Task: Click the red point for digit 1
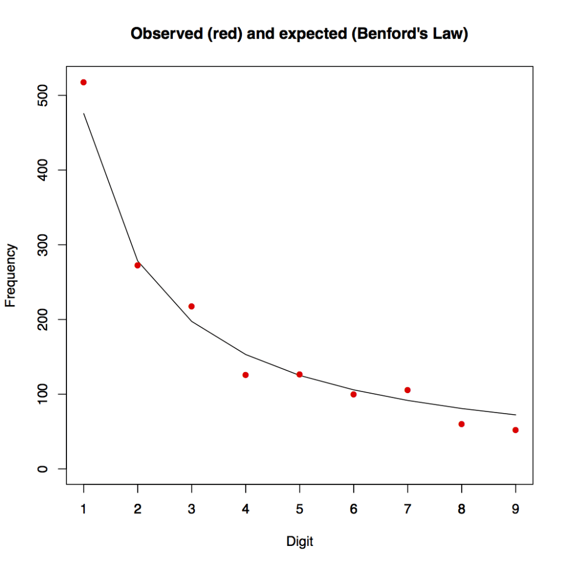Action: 84,82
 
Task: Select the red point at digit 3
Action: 192,306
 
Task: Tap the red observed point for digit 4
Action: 245,375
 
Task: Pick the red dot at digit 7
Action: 408,390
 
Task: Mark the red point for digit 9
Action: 516,430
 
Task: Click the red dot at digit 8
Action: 461,424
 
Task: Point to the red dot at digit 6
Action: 353,394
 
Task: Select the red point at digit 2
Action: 137,265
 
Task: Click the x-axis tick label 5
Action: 300,509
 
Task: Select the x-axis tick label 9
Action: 516,509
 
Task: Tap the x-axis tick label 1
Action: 84,509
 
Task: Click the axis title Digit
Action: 300,542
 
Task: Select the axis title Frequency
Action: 11,276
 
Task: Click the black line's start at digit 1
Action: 84,114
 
